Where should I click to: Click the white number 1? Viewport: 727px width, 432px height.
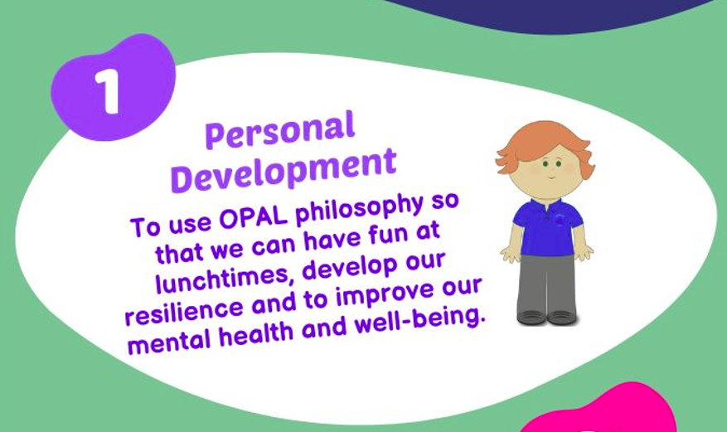coord(108,92)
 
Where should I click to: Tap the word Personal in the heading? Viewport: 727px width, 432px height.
coord(280,130)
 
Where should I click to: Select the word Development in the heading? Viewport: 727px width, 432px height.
coord(284,170)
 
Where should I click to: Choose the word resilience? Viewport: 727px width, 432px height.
coord(184,311)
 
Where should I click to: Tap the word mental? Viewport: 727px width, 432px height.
coord(169,342)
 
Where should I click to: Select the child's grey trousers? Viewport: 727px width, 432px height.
coord(546,284)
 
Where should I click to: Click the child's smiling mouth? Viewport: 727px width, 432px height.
coord(550,177)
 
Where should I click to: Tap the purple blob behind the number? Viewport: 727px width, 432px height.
coord(113,87)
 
